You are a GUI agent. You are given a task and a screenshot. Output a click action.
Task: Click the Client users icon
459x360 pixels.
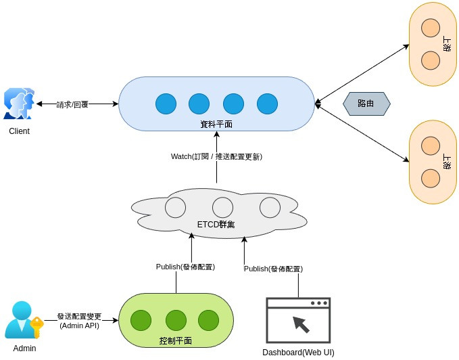click(19, 104)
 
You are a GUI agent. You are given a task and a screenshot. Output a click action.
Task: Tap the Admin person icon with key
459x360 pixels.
click(23, 320)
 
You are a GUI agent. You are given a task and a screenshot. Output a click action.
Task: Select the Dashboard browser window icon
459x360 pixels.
click(298, 320)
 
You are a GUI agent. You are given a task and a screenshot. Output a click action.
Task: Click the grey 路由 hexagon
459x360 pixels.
click(366, 104)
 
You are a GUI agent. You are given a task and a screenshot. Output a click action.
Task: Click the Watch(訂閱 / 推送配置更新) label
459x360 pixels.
click(216, 156)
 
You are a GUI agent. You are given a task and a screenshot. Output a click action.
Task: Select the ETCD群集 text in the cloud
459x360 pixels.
click(216, 225)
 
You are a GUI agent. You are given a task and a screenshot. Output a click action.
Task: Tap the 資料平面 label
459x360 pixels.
click(216, 124)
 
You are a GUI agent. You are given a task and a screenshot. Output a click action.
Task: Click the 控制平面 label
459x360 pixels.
click(175, 340)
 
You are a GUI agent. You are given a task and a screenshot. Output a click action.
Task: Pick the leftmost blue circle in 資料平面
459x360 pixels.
click(166, 104)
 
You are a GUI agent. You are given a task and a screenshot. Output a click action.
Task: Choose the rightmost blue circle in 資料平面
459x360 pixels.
click(267, 104)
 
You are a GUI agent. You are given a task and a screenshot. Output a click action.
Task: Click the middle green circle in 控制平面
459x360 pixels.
click(176, 319)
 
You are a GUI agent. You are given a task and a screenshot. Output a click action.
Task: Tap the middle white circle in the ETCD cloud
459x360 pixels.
click(222, 207)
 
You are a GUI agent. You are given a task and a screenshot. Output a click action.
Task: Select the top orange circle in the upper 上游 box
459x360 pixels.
click(431, 28)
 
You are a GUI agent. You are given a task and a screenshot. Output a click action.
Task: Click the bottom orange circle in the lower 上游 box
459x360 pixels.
click(431, 178)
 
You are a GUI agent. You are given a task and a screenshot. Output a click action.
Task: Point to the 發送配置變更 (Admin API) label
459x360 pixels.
click(79, 321)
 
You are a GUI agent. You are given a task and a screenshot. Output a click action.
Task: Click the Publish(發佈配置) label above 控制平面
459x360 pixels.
click(185, 267)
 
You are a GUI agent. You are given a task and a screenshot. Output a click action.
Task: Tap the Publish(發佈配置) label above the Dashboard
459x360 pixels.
click(273, 269)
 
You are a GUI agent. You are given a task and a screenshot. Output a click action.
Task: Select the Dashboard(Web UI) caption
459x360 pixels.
click(298, 352)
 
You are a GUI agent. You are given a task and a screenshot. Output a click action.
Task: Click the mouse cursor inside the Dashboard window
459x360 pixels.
click(300, 324)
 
